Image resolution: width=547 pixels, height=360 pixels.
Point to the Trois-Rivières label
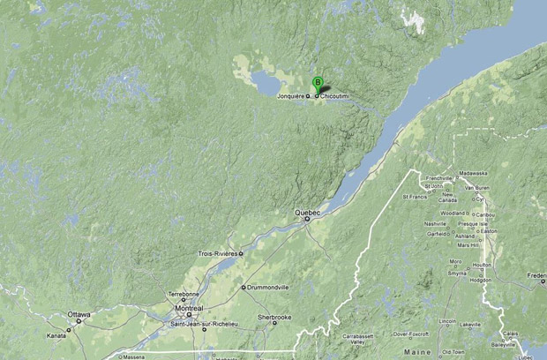pyautogui.click(x=217, y=253)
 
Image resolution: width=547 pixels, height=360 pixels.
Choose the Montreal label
pyautogui.click(x=189, y=308)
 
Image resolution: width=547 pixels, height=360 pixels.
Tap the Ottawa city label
pyautogui.click(x=79, y=314)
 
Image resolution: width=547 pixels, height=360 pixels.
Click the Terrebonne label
pyautogui.click(x=184, y=294)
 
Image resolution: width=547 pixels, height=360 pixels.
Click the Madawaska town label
pyautogui.click(x=473, y=174)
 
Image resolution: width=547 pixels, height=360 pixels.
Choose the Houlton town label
pyautogui.click(x=482, y=265)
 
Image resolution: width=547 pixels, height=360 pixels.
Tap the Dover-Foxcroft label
pyautogui.click(x=409, y=334)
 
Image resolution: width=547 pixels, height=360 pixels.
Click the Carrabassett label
pyautogui.click(x=358, y=336)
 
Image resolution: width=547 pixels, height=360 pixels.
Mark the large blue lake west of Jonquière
pyautogui.click(x=264, y=83)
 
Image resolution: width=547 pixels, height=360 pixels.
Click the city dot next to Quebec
pyautogui.click(x=307, y=220)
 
